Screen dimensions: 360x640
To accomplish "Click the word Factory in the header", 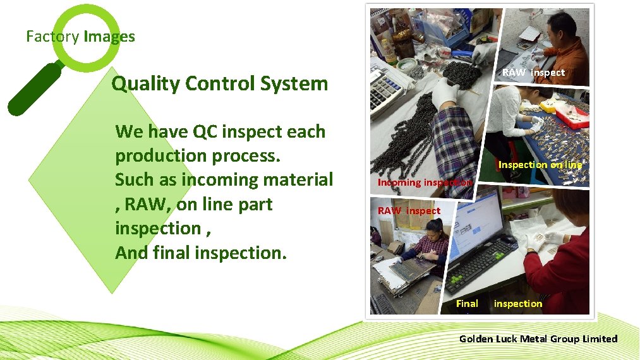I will coord(52,37).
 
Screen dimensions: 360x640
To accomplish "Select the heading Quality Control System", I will coord(219,83).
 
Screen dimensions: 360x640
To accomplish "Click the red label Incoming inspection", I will coord(424,182).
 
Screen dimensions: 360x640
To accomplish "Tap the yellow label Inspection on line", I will coord(540,165).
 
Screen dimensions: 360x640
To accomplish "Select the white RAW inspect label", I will coord(533,73).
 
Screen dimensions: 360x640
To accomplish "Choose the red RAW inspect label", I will coord(409,210).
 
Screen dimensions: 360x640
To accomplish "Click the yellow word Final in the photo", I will coord(467,304).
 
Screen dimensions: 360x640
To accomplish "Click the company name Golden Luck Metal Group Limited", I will coord(538,339).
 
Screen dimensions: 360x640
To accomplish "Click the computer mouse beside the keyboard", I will coord(507,239).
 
